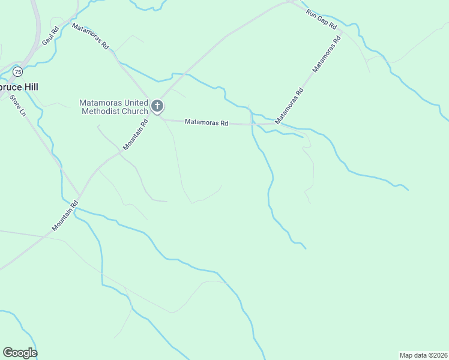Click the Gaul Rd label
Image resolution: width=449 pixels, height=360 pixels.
(50, 37)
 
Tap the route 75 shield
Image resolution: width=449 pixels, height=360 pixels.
(18, 72)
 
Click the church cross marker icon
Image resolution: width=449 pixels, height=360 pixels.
(157, 107)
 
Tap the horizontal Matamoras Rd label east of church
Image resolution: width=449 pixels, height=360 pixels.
(206, 122)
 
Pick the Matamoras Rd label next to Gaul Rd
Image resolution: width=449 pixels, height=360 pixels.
(91, 36)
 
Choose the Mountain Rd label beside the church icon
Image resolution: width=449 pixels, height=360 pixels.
(135, 135)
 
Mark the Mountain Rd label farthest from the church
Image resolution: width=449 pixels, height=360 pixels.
(65, 215)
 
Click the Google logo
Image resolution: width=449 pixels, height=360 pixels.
(20, 353)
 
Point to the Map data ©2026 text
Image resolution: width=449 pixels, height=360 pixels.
(423, 355)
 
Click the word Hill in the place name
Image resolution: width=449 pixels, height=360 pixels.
(29, 86)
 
